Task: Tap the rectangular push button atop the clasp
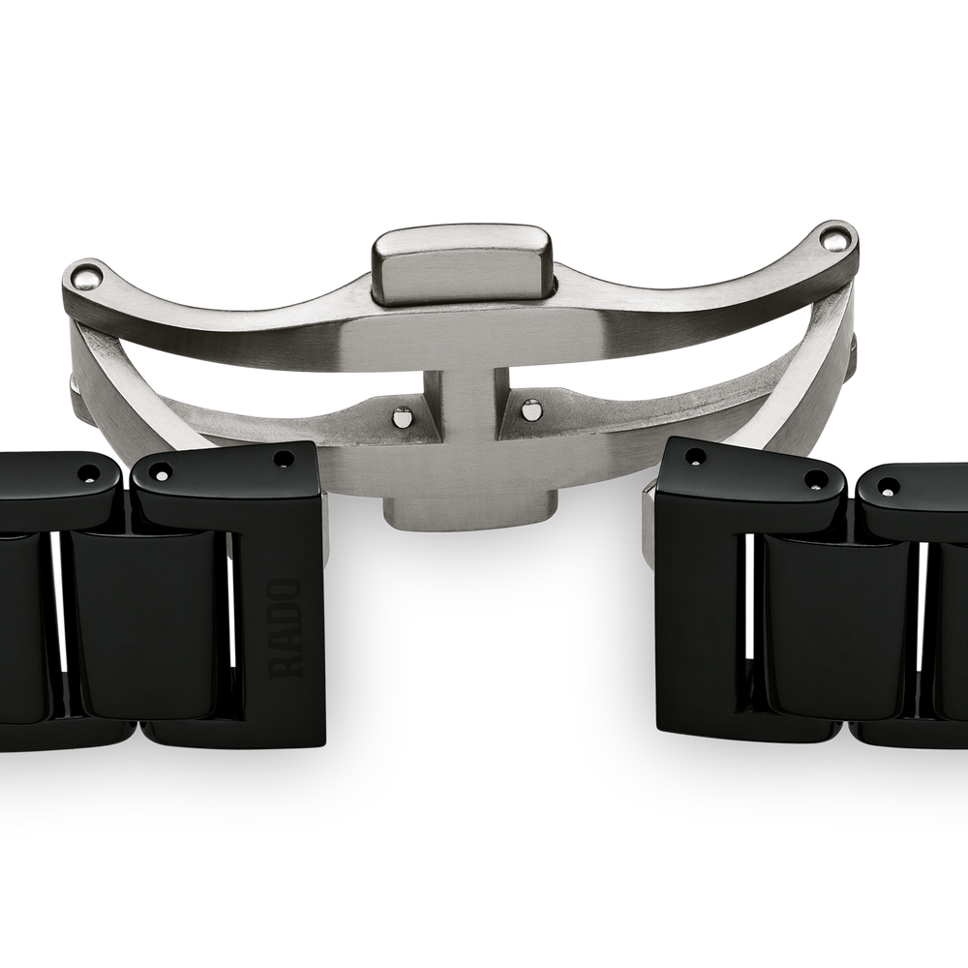pos(462,265)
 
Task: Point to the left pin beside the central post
pos(403,416)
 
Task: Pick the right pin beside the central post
pos(529,408)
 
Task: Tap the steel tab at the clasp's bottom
pos(468,509)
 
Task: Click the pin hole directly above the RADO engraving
pos(284,459)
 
